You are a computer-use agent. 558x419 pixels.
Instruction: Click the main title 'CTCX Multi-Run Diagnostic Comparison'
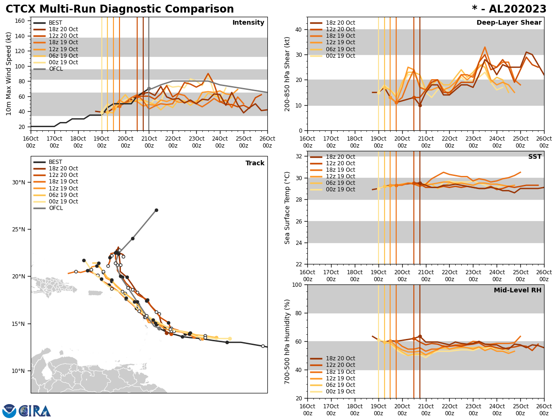pyautogui.click(x=120, y=9)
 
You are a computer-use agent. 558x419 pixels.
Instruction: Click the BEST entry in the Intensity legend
pyautogui.click(x=55, y=23)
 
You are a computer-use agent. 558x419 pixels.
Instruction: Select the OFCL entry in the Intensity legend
pyautogui.click(x=56, y=69)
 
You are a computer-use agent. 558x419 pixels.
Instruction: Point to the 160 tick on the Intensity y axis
pyautogui.click(x=21, y=20)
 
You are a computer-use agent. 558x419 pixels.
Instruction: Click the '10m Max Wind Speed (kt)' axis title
pyautogui.click(x=9, y=74)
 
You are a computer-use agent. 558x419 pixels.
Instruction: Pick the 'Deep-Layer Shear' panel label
pyautogui.click(x=509, y=23)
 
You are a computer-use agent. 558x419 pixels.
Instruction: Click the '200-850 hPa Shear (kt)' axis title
pyautogui.click(x=287, y=74)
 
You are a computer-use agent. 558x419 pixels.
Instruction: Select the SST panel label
pyautogui.click(x=535, y=157)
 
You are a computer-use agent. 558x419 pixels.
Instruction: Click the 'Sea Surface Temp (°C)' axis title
pyautogui.click(x=287, y=208)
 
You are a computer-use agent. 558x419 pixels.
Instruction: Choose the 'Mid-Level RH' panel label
pyautogui.click(x=518, y=291)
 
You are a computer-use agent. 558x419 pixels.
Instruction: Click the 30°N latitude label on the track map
pyautogui.click(x=18, y=182)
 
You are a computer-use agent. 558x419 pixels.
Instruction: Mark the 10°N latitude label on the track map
pyautogui.click(x=18, y=371)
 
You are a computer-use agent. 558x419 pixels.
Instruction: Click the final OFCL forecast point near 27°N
pyautogui.click(x=156, y=210)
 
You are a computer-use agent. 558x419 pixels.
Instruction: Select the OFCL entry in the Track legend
pyautogui.click(x=56, y=208)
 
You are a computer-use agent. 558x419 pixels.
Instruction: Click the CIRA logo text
pyautogui.click(x=35, y=411)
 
